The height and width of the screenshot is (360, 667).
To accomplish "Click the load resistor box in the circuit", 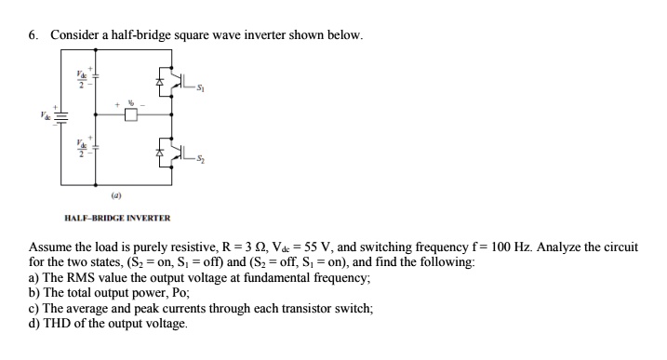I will tap(131, 115).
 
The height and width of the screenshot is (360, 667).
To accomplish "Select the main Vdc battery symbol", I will tap(61, 117).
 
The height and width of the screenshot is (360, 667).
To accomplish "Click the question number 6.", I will tap(33, 35).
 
